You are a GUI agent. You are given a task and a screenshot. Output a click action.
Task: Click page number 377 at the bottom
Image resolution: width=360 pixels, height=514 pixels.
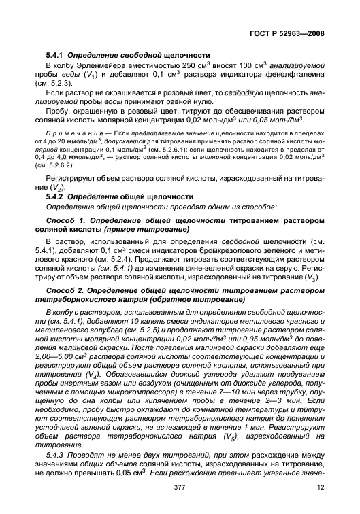click(180, 497)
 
